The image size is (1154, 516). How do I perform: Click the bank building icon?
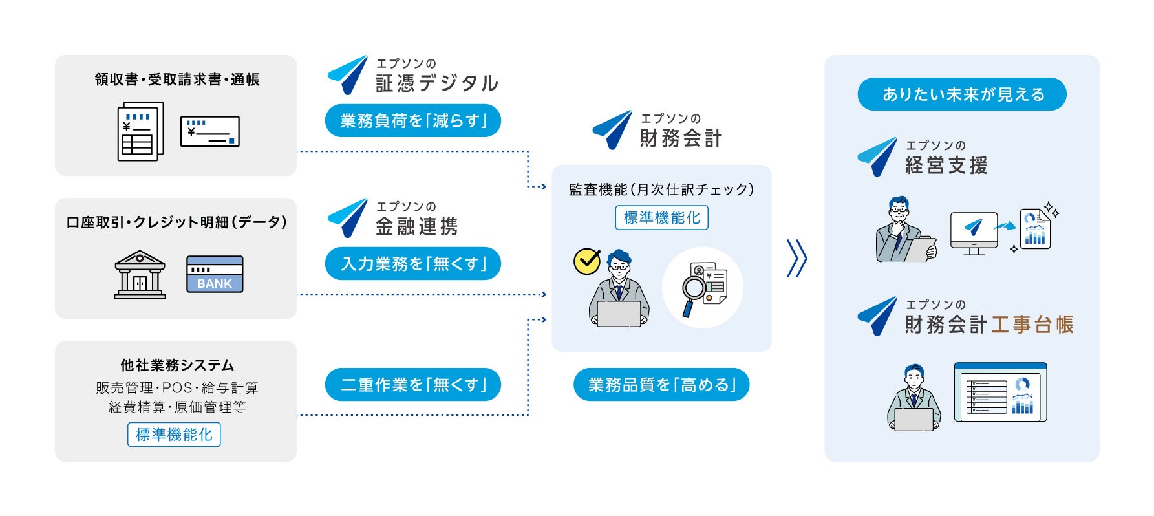tap(140, 275)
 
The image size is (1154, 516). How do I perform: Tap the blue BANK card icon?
tap(215, 275)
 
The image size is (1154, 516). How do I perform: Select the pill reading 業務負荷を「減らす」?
tap(412, 121)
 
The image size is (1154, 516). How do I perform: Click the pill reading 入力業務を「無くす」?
tap(412, 264)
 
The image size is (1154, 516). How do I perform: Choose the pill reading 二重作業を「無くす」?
tap(412, 385)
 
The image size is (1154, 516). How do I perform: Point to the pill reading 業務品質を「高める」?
tap(661, 385)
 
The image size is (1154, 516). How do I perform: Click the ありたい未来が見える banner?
tap(962, 94)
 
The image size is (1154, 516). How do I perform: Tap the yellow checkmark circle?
tap(587, 262)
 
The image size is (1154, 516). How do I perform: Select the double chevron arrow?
tap(797, 259)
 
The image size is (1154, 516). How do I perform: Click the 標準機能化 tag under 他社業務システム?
tap(174, 435)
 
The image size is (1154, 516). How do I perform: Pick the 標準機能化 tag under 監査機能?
tap(661, 218)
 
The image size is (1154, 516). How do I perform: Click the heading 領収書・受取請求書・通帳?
tap(176, 80)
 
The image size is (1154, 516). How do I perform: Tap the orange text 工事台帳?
tap(1032, 325)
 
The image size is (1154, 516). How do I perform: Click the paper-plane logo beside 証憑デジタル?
tap(348, 74)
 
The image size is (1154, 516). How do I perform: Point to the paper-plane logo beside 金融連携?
tap(348, 217)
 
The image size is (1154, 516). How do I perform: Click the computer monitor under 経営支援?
tap(974, 231)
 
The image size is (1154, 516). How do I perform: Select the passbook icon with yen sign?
tap(210, 132)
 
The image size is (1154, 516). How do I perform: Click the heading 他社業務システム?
tap(176, 365)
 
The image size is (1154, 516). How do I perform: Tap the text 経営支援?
tap(946, 166)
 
